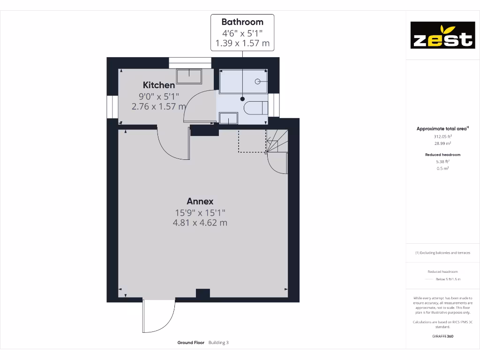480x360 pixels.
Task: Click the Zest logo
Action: tap(442, 35)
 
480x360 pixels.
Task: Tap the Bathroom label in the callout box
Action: tap(242, 22)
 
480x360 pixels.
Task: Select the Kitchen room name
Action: tap(159, 85)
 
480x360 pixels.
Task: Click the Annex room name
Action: tap(200, 201)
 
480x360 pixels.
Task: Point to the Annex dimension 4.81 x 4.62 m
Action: tap(200, 223)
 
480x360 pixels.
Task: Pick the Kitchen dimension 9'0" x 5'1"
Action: tap(159, 96)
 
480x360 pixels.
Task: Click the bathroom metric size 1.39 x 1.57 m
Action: tap(242, 44)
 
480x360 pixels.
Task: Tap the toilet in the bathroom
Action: tap(255, 108)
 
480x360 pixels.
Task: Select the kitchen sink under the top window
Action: tap(189, 76)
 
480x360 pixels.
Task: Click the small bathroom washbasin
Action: tap(228, 119)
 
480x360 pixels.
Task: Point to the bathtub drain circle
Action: tap(257, 81)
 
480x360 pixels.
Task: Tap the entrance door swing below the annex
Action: tap(158, 315)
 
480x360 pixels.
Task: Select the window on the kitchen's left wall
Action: tap(112, 106)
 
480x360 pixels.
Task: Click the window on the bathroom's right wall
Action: tap(274, 105)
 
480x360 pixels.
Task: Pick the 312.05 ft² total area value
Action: tap(442, 136)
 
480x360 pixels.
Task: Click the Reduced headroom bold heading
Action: tap(442, 155)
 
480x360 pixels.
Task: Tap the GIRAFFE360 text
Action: tap(442, 336)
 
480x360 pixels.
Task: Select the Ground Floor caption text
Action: tap(191, 343)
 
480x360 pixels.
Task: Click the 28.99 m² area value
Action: tap(442, 143)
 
